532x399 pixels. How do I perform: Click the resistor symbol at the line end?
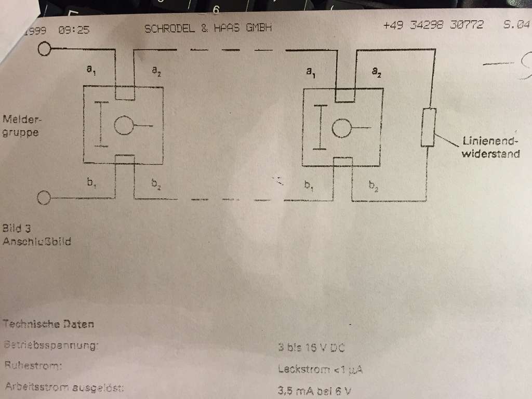(x=429, y=127)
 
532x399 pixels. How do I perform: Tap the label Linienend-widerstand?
(x=490, y=147)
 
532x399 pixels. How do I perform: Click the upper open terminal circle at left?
(x=45, y=49)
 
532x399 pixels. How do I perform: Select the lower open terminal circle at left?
(x=45, y=197)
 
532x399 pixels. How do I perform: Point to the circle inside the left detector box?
(x=124, y=126)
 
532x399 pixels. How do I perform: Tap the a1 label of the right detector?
(x=311, y=73)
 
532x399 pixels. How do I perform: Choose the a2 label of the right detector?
(x=377, y=73)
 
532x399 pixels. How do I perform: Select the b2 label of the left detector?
(x=156, y=183)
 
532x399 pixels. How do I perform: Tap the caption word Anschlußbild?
(x=36, y=242)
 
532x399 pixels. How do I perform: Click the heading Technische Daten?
(x=48, y=324)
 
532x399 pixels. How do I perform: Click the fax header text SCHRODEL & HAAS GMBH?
(x=208, y=28)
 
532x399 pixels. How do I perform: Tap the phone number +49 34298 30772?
(x=433, y=25)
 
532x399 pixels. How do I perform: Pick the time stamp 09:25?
(x=74, y=30)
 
